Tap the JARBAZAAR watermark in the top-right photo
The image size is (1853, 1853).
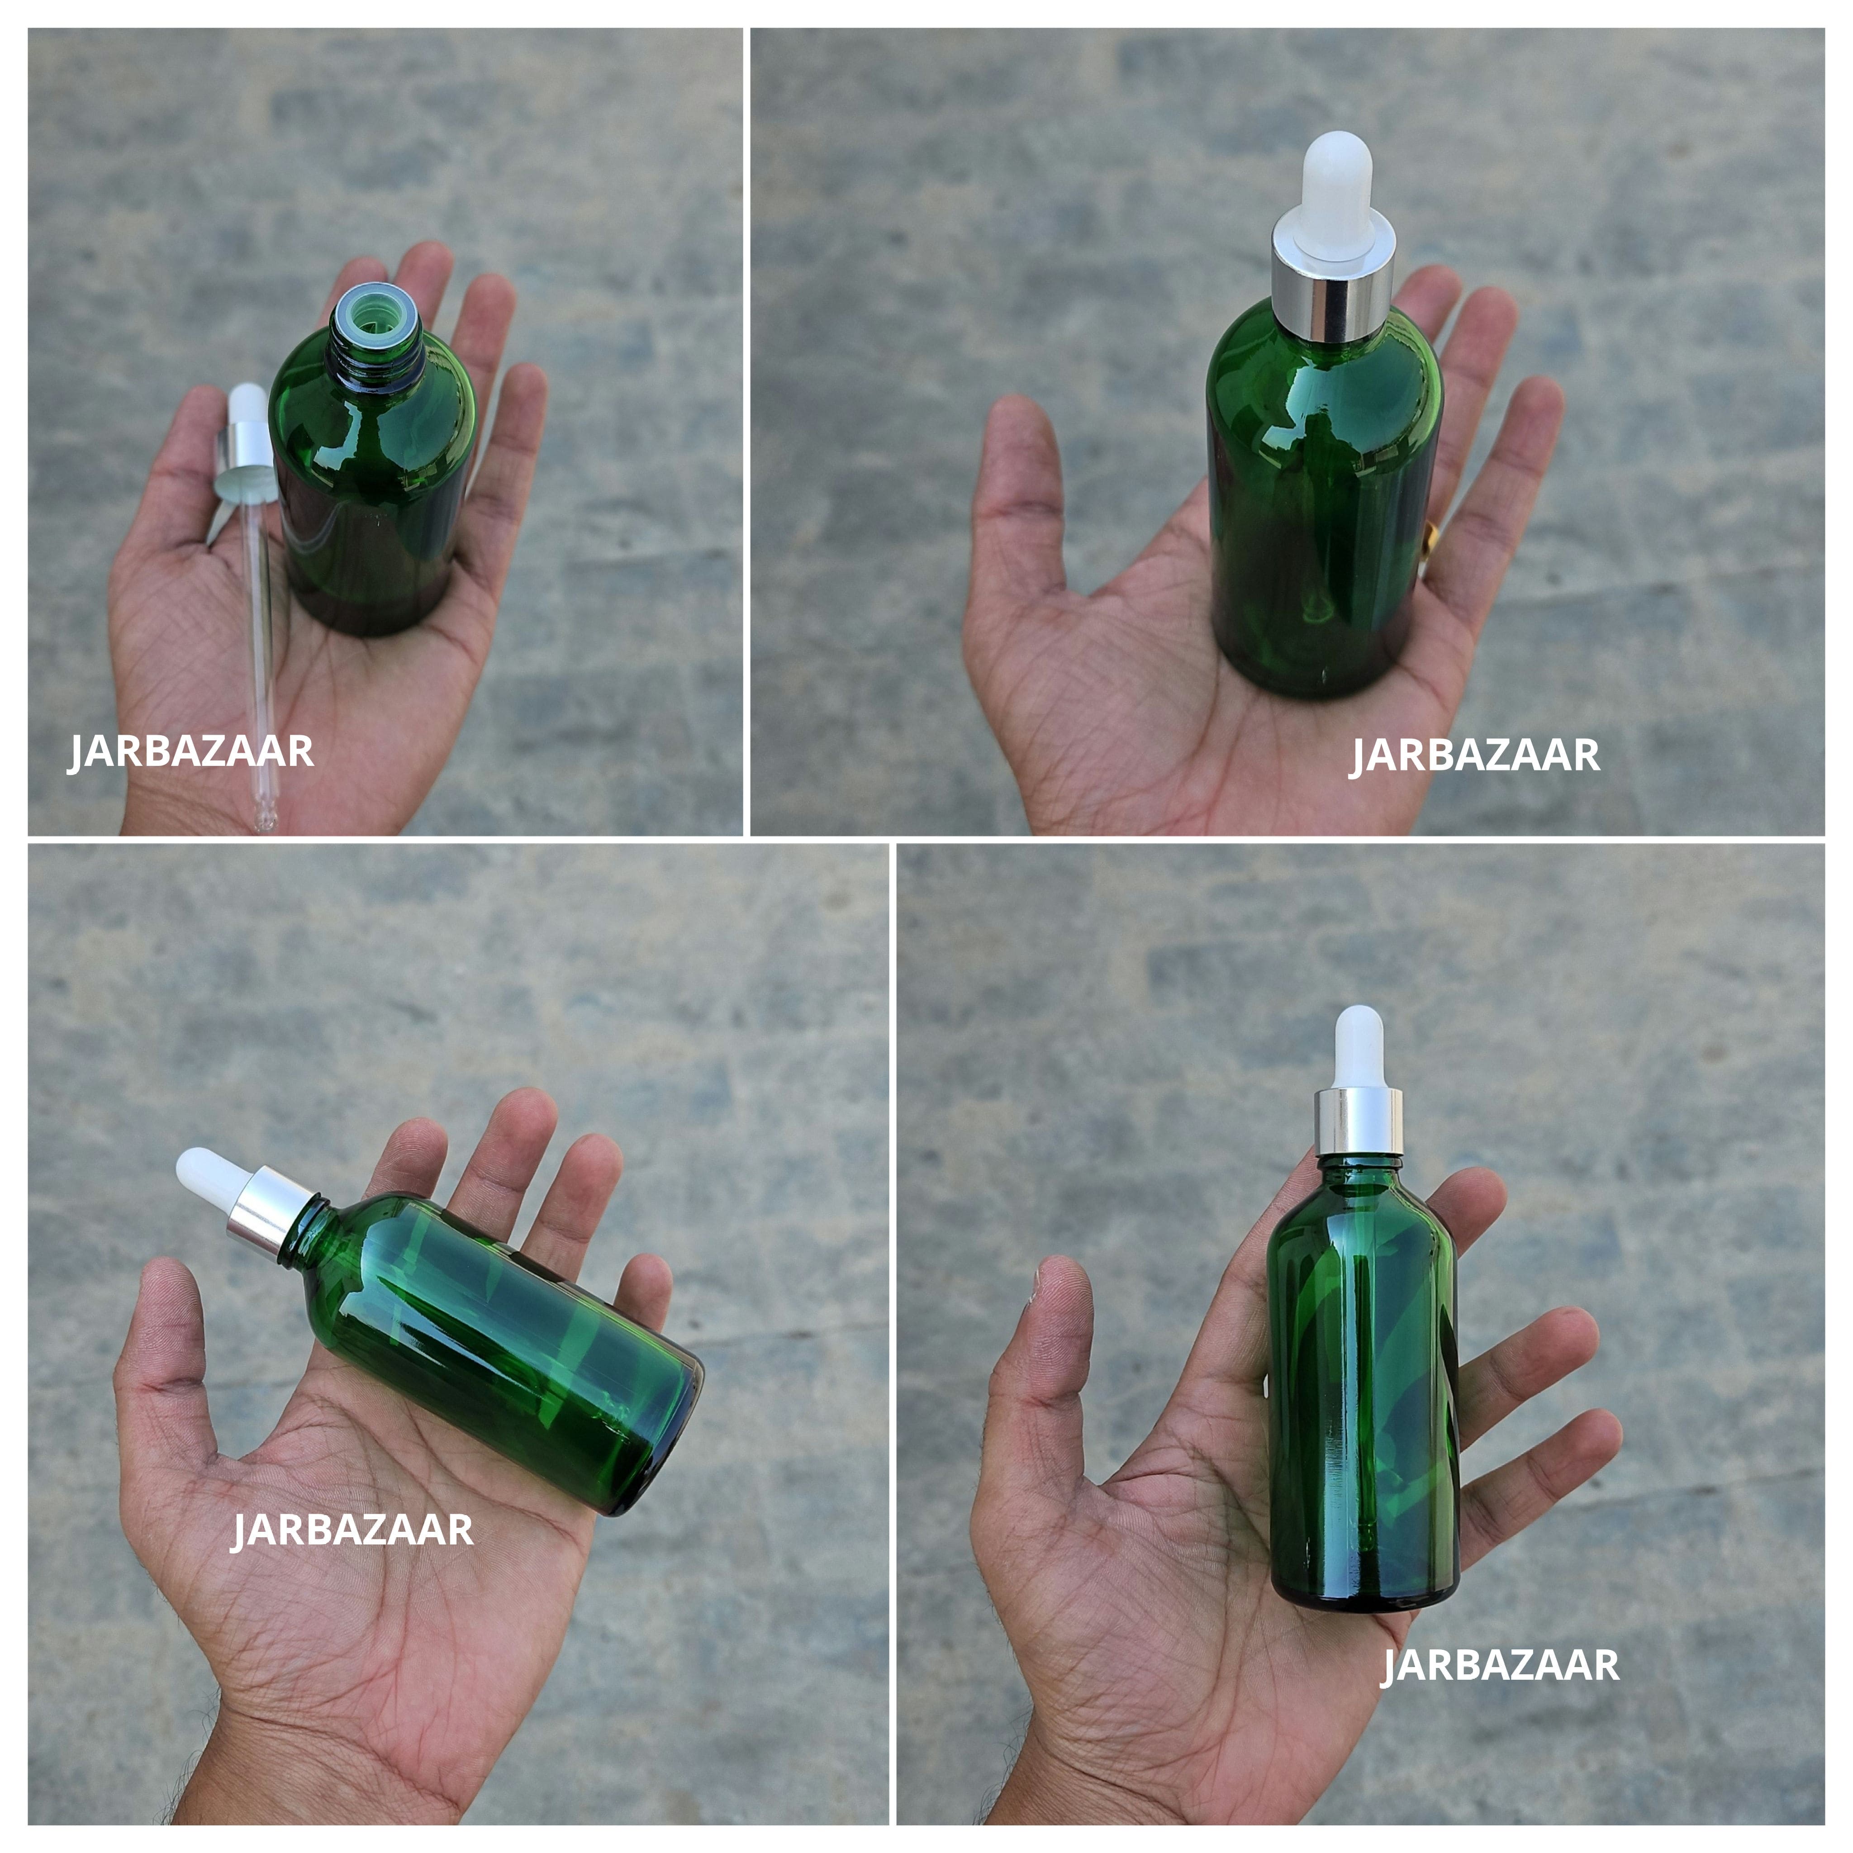tap(1475, 756)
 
